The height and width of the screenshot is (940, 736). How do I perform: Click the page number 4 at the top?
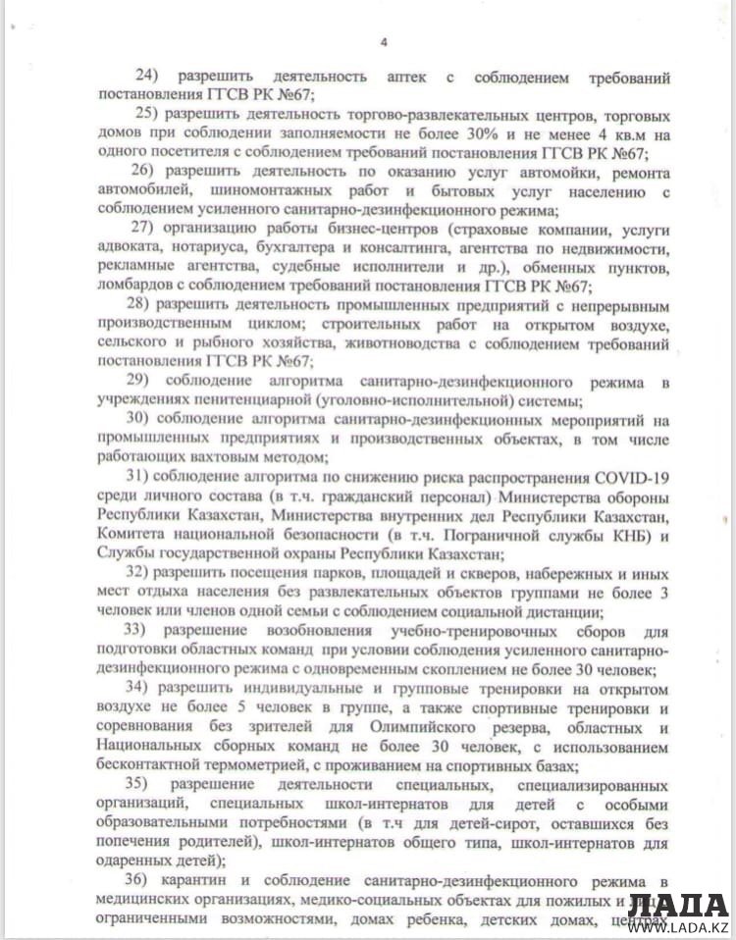(384, 41)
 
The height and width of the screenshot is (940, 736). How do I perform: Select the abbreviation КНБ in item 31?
(612, 535)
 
